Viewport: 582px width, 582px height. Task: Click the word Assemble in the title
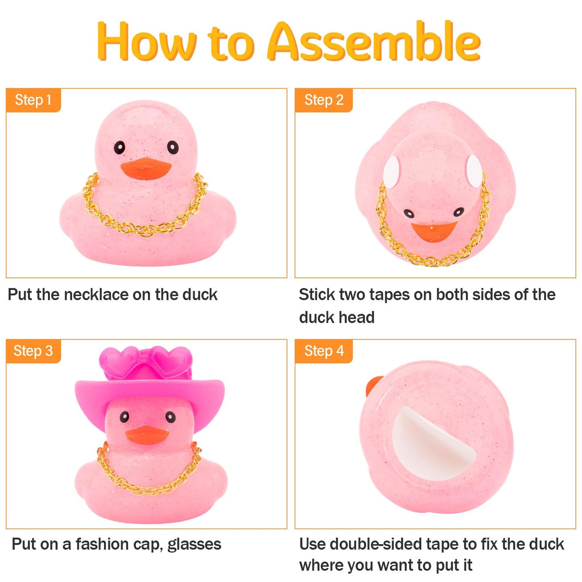[374, 42]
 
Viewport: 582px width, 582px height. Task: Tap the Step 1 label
[33, 100]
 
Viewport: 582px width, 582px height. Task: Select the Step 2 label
[323, 100]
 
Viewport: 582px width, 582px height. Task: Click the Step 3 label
[33, 351]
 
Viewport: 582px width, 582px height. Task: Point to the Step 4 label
[323, 351]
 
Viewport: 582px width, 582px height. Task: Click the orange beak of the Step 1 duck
[146, 168]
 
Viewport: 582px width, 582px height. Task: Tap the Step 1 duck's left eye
[119, 148]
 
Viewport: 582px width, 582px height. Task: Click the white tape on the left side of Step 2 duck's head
[391, 171]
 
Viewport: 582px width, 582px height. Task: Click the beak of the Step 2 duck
[433, 231]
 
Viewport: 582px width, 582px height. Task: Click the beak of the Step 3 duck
[147, 435]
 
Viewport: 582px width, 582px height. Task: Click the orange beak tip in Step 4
[373, 385]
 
